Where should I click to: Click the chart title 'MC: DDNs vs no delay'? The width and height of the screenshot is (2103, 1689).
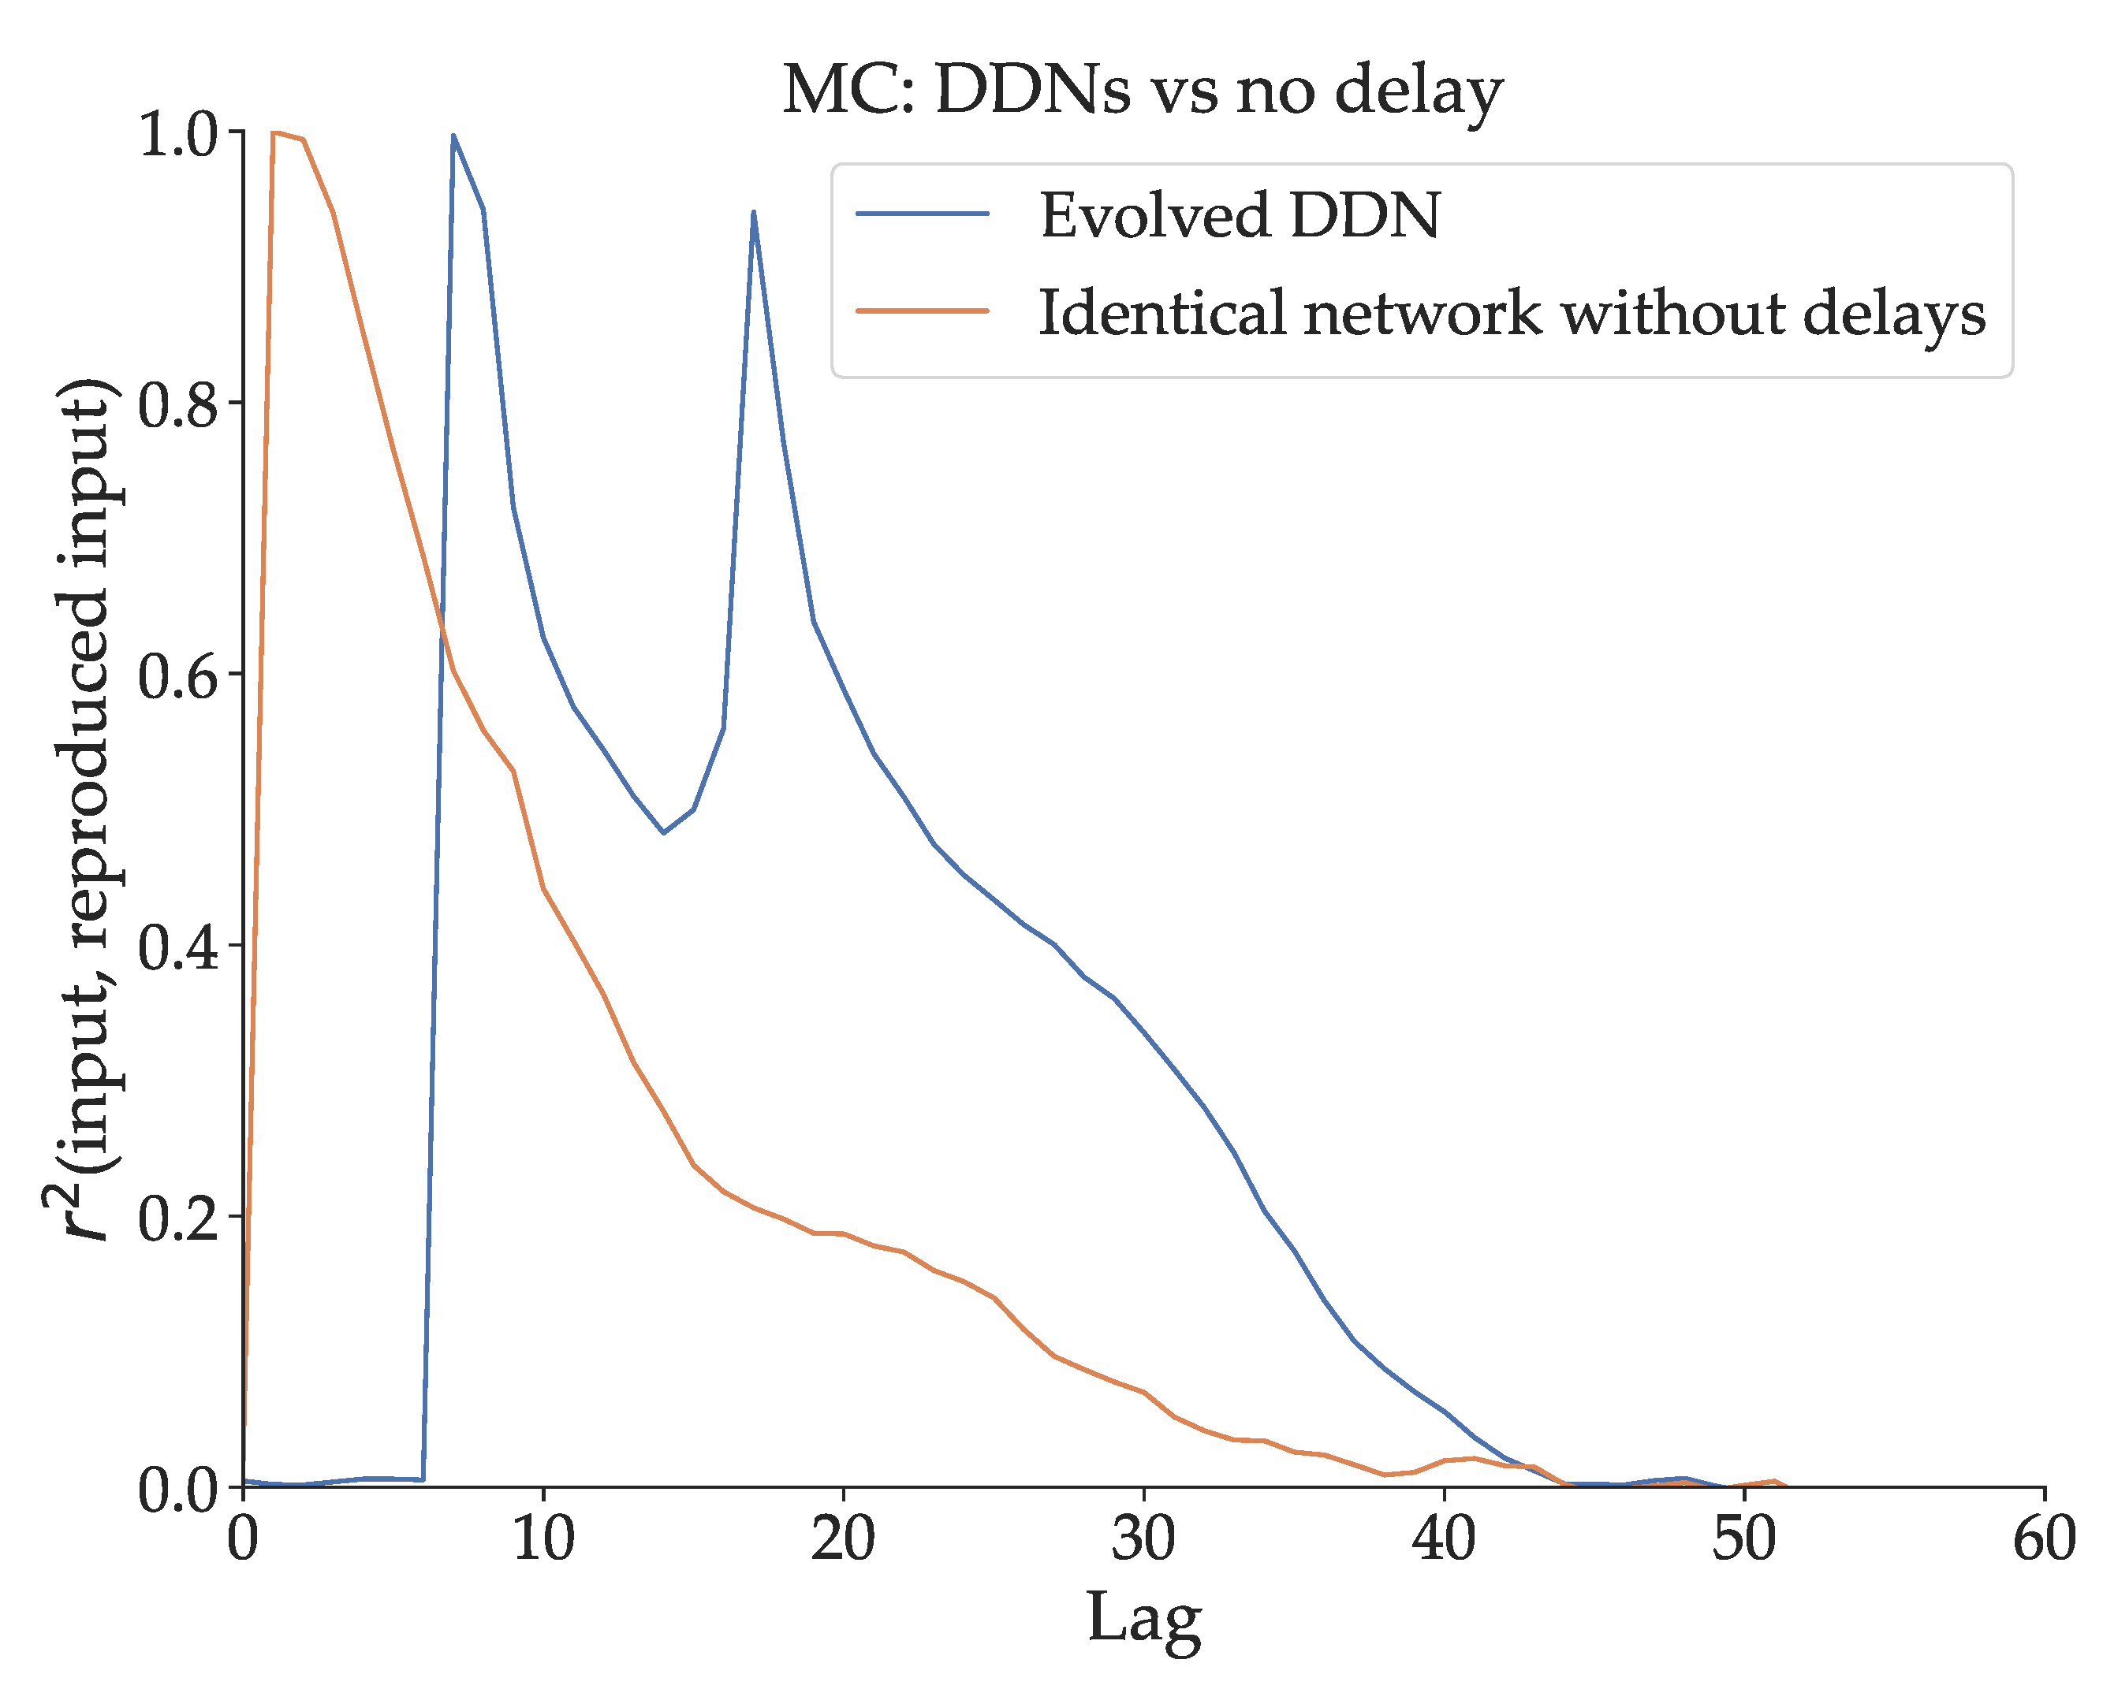click(1143, 93)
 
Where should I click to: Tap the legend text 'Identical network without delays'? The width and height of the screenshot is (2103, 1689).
click(1512, 314)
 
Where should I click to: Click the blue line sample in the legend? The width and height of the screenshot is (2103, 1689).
click(923, 214)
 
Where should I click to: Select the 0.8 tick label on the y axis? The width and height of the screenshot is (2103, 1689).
click(177, 404)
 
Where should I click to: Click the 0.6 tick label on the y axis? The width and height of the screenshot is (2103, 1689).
click(177, 675)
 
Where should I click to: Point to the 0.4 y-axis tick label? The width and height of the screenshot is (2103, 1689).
click(177, 946)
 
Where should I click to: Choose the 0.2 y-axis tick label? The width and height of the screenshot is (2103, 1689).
click(177, 1218)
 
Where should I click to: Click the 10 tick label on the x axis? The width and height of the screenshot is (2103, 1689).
click(543, 1538)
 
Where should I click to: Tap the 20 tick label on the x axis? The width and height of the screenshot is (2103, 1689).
click(844, 1538)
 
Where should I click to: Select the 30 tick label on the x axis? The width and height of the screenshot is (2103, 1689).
click(1144, 1538)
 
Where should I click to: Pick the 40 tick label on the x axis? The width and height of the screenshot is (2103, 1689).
click(1445, 1538)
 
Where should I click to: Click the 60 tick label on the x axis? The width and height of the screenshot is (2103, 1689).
click(2045, 1538)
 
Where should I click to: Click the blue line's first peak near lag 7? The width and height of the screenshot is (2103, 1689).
click(453, 136)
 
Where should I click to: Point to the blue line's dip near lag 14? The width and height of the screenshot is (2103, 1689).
click(664, 833)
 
